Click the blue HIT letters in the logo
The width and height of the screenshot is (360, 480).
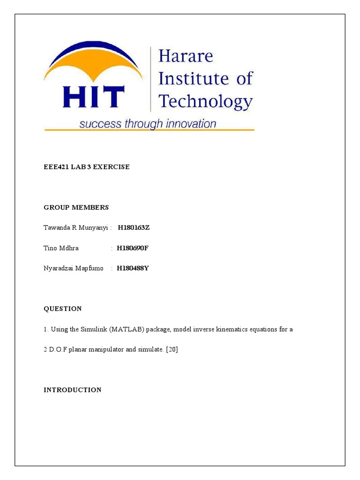click(x=93, y=97)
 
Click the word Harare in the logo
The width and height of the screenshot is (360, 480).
click(x=186, y=57)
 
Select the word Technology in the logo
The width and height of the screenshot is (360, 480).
click(x=205, y=100)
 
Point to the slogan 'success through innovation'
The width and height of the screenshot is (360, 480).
click(x=148, y=124)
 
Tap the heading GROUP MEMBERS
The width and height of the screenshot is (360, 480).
click(x=76, y=207)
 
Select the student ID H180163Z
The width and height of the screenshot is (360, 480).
click(x=134, y=228)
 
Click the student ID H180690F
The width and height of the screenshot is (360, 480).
click(x=133, y=248)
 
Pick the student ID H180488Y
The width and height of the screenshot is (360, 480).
click(x=133, y=268)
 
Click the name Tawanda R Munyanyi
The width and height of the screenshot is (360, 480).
click(x=75, y=228)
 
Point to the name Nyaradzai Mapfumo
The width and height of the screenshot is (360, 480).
click(x=73, y=268)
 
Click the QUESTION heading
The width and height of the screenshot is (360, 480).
click(x=63, y=309)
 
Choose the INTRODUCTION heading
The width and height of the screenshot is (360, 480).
click(x=72, y=390)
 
